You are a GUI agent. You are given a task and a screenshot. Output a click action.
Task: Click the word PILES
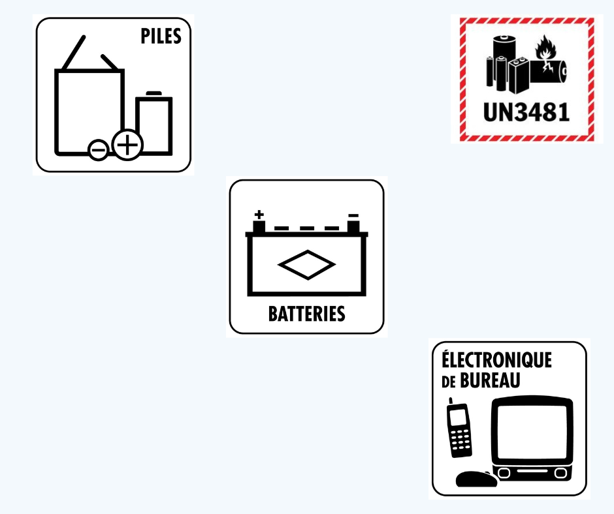pos(161,36)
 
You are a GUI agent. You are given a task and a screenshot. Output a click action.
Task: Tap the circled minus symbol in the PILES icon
pos(99,151)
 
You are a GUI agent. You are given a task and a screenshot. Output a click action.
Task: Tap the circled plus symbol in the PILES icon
pos(127,145)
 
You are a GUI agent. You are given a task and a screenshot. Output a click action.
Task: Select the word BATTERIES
pos(306,314)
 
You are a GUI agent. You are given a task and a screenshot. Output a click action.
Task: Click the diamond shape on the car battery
pos(306,265)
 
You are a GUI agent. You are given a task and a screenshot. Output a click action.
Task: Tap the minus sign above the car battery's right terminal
pos(353,215)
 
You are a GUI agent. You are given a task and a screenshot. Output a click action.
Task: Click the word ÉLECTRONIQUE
pos(496,360)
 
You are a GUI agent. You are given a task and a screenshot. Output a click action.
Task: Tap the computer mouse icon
pos(474,479)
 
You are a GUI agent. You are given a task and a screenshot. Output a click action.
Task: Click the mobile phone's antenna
pos(450,401)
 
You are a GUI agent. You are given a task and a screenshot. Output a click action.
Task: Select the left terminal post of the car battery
pos(259,227)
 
